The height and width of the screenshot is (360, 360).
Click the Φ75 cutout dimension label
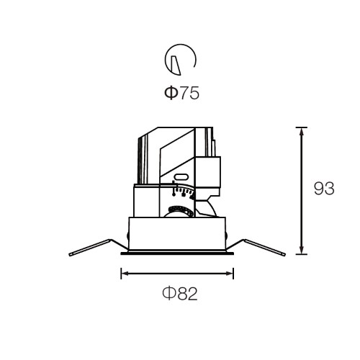coord(181,93)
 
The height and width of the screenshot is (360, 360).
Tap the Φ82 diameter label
coord(180,293)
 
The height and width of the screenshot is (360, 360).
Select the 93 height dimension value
coord(324,189)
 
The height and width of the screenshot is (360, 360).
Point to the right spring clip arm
coord(258,247)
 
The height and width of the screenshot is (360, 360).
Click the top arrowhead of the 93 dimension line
coord(302,131)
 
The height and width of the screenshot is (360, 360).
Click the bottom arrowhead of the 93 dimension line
coord(302,250)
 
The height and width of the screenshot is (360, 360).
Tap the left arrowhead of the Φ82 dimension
coord(125,273)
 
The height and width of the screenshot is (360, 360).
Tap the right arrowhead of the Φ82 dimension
coord(229,273)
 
